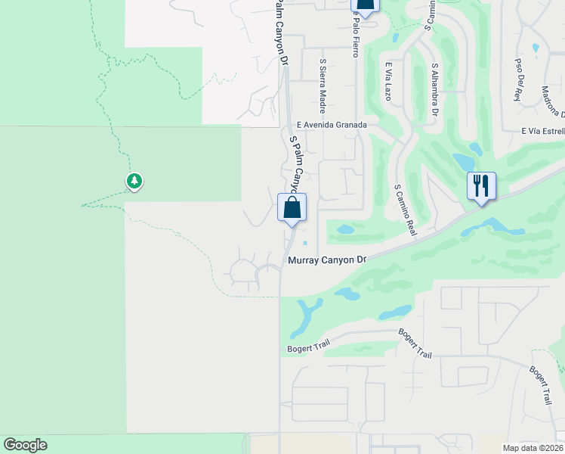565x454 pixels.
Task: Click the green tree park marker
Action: coord(134,182)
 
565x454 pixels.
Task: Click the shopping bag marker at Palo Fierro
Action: coord(364,6)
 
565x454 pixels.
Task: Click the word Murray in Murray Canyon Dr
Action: coord(307,260)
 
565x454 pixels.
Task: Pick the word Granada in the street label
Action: coord(352,125)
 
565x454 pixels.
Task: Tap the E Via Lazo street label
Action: coord(388,82)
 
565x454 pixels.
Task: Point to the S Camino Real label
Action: coord(405,210)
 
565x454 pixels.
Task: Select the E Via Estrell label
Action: coord(542,131)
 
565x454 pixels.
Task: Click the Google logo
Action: coord(25,445)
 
